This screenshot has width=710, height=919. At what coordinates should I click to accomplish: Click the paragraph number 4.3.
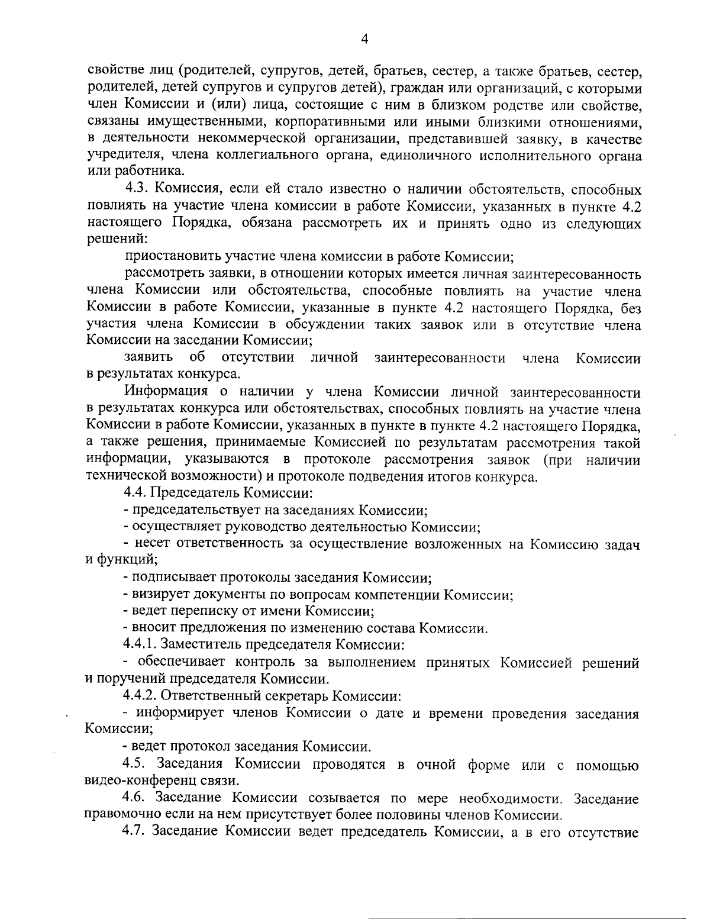point(136,191)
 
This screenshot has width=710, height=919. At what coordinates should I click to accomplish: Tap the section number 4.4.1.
point(141,643)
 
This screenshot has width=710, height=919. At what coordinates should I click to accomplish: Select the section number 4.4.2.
point(141,694)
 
